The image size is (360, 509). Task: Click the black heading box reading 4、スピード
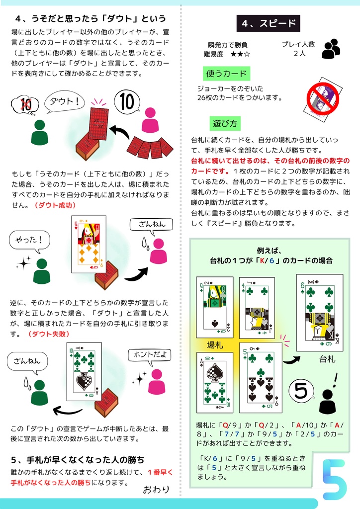pyautogui.click(x=268, y=23)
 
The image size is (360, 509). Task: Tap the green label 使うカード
pyautogui.click(x=226, y=74)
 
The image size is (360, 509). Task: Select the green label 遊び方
pyautogui.click(x=225, y=123)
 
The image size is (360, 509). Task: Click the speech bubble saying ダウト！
pyautogui.click(x=64, y=101)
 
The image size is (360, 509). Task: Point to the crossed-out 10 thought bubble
pyautogui.click(x=25, y=105)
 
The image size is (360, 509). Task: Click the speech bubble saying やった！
pyautogui.click(x=29, y=241)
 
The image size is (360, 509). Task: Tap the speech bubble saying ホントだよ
pyautogui.click(x=150, y=356)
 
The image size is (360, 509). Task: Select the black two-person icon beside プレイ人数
pyautogui.click(x=331, y=49)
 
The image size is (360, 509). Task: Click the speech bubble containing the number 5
pyautogui.click(x=301, y=391)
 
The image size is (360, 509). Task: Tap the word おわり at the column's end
pyautogui.click(x=156, y=489)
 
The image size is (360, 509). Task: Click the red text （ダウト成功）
pyautogui.click(x=55, y=205)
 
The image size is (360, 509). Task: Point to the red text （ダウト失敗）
pyautogui.click(x=49, y=334)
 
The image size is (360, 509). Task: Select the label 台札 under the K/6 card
pyautogui.click(x=327, y=359)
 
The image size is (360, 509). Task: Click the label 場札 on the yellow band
pyautogui.click(x=215, y=345)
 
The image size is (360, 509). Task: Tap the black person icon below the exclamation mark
pyautogui.click(x=327, y=402)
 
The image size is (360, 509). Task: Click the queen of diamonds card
pyautogui.click(x=89, y=244)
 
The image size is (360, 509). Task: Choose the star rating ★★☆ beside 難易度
pyautogui.click(x=240, y=54)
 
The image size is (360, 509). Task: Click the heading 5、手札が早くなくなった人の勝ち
pyautogui.click(x=78, y=460)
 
